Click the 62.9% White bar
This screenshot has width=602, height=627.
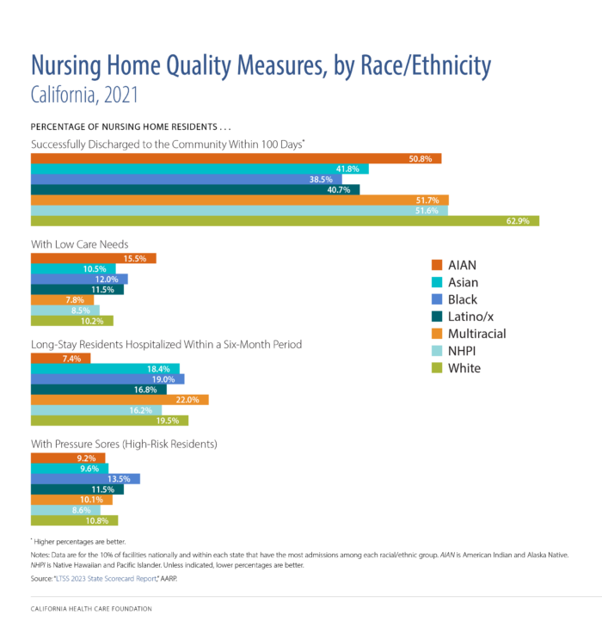pos(285,221)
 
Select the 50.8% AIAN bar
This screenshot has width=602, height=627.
pos(236,158)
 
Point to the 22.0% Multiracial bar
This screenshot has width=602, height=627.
pos(120,400)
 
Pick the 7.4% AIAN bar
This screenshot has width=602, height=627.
pos(60,358)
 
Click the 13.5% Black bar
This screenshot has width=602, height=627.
pos(85,479)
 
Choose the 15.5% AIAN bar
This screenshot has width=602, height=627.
pos(93,258)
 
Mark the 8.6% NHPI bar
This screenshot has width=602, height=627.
pos(65,510)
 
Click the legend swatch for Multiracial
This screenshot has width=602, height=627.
pos(436,334)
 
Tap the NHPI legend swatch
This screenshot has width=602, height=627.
pos(436,351)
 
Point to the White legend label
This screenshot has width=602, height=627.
pos(464,368)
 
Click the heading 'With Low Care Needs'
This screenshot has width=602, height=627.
pos(79,243)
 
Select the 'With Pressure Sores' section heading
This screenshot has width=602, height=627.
pos(124,444)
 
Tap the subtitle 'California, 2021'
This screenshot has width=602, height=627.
pos(84,94)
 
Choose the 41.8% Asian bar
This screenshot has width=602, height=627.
pos(200,169)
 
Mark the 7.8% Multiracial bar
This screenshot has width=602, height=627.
pos(62,300)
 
